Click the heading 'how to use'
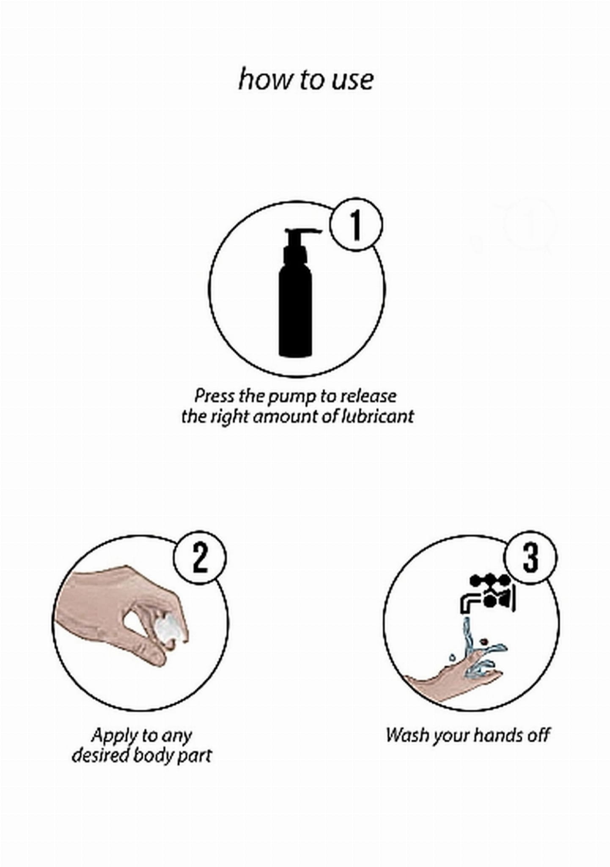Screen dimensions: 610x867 tap(305, 79)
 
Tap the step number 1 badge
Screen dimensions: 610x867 tap(357, 225)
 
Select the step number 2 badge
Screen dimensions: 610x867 tap(199, 558)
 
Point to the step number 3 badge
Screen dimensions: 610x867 tap(530, 558)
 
